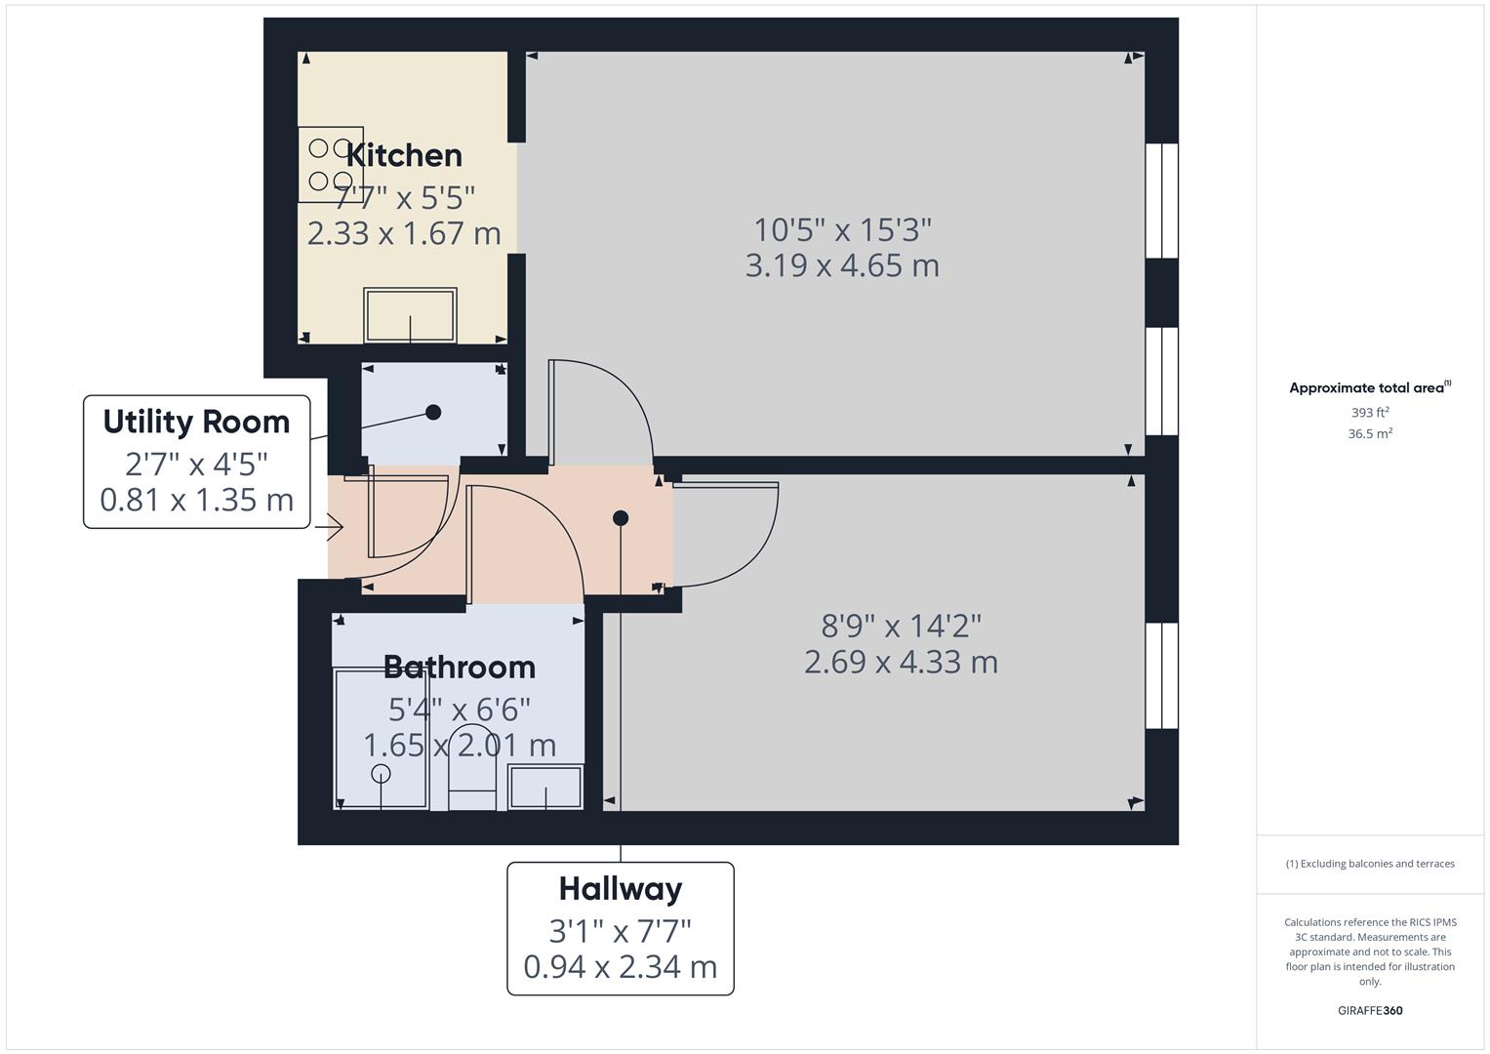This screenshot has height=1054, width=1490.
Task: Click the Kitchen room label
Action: point(404,156)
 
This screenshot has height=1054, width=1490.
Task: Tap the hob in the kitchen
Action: point(331,164)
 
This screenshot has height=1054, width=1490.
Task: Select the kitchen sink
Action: point(410,315)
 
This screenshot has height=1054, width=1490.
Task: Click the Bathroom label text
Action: point(459,668)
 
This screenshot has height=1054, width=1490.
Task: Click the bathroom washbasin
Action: point(545,788)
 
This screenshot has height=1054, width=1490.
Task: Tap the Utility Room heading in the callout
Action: point(196,422)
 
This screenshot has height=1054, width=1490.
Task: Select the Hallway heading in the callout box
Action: point(621,890)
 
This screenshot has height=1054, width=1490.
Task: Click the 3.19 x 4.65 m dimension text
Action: point(842,265)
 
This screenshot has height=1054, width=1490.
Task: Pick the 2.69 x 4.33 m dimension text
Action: point(902,662)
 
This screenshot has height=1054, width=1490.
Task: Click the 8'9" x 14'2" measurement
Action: point(902,627)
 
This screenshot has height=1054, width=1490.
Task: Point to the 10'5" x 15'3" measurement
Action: point(842,230)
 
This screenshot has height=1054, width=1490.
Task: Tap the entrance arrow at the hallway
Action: point(329,528)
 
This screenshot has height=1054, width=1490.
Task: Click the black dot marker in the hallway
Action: point(621,517)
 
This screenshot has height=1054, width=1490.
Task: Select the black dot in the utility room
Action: point(433,413)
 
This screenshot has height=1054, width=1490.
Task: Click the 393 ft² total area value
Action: point(1370,413)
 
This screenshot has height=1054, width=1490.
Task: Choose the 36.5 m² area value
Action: point(1370,434)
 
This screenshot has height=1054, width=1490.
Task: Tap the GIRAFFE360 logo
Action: point(1370,1010)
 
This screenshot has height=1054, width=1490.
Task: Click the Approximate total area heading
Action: point(1370,388)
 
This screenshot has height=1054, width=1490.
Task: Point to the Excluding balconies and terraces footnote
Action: point(1370,864)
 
